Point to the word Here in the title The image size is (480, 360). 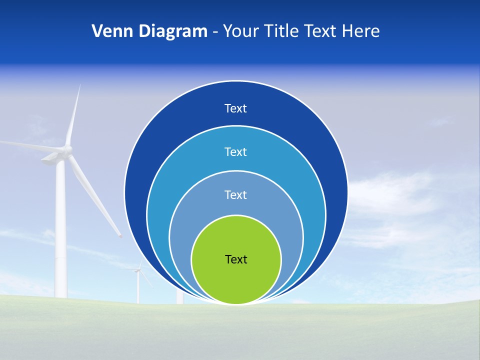[x=360, y=31]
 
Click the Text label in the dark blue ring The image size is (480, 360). [x=235, y=108]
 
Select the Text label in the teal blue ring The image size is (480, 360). [x=235, y=151]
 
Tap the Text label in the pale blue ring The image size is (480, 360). [x=235, y=194]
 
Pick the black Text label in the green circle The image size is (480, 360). [x=236, y=259]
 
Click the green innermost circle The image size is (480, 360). [x=236, y=280]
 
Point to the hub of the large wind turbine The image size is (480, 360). [x=67, y=149]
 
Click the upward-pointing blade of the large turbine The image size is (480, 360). [x=73, y=115]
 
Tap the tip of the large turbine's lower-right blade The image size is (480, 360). [x=120, y=235]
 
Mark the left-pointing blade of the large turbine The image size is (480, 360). [x=30, y=145]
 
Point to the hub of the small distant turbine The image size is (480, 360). [x=137, y=270]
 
